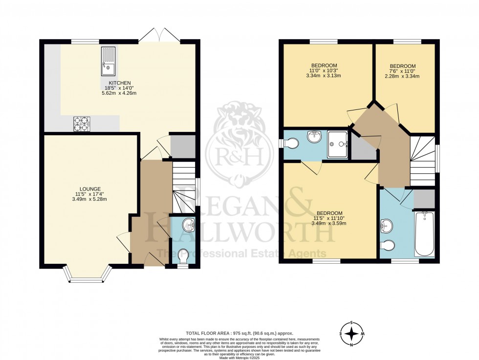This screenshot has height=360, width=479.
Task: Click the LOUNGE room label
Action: [x=90, y=189]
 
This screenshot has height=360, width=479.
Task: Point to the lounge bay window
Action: [x=87, y=275]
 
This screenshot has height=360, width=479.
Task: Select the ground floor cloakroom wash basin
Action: [x=187, y=226]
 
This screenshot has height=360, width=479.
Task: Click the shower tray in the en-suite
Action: [x=337, y=144]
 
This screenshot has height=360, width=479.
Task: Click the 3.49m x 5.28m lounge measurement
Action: [x=90, y=199]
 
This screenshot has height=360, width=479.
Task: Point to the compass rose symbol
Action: [x=351, y=334]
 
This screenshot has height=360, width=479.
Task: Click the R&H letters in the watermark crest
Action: [x=239, y=157]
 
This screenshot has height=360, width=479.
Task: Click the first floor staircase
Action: [x=422, y=161]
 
